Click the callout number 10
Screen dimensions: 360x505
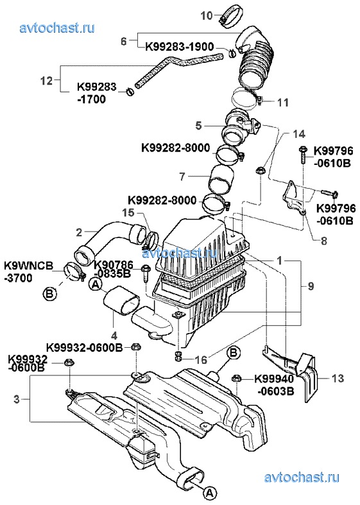207,15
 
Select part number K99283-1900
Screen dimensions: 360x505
180,47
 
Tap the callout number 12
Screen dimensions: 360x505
47,80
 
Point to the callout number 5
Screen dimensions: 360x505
199,125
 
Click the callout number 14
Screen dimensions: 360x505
299,134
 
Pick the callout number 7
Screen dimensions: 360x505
183,176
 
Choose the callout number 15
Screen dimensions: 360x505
128,213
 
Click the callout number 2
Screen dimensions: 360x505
79,232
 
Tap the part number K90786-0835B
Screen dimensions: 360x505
114,269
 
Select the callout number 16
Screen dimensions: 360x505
201,359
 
